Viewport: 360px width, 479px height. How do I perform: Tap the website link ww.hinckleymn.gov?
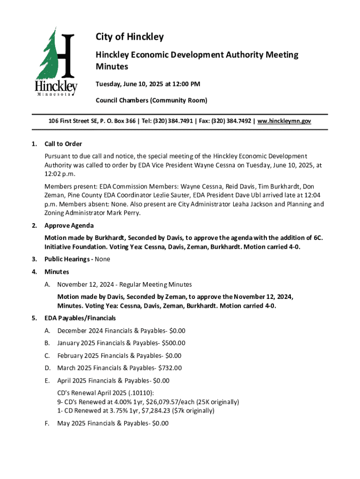(284, 121)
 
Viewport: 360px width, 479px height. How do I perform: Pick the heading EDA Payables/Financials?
(80, 318)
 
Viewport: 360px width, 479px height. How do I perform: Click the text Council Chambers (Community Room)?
(151, 101)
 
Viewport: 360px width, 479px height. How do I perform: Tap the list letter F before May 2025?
(47, 423)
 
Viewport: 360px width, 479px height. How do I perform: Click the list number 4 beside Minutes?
(34, 272)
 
